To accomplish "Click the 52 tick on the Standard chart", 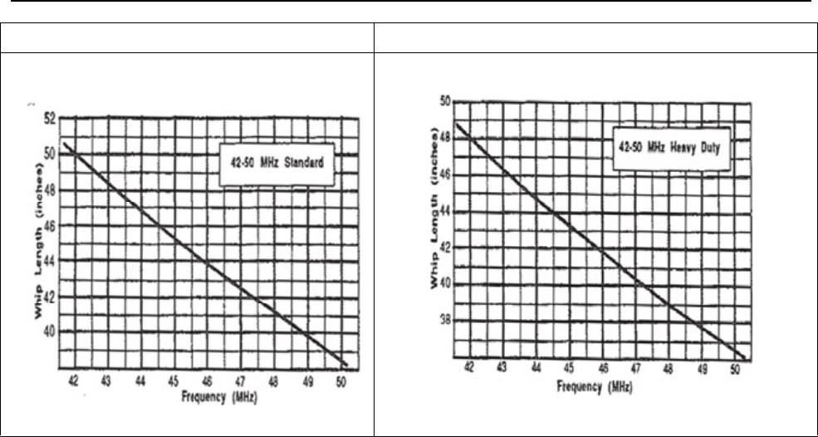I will point(52,119).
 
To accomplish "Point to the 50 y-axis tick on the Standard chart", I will point(52,154).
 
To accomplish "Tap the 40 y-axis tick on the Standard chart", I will point(52,331).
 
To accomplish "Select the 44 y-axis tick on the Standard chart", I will point(52,260).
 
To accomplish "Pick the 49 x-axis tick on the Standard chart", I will point(308,381).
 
